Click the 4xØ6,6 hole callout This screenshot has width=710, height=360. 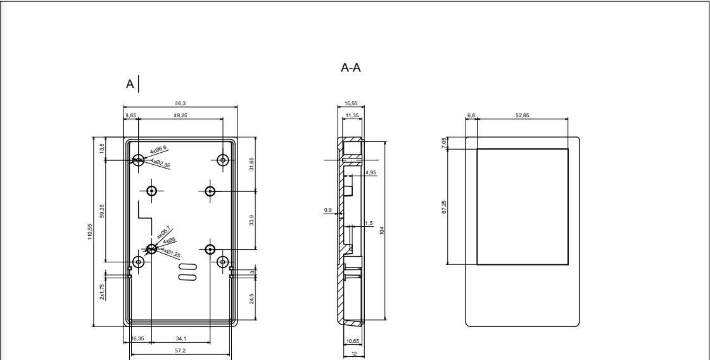coord(158,150)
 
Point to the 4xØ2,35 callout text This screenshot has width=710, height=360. coord(160,163)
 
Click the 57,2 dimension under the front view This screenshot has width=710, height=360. coord(181,350)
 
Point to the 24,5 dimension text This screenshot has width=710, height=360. coord(251,299)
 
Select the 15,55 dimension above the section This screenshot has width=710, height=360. coord(352,103)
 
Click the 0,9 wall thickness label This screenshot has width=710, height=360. coord(327,210)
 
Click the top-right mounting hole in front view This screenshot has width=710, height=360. coord(222,160)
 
